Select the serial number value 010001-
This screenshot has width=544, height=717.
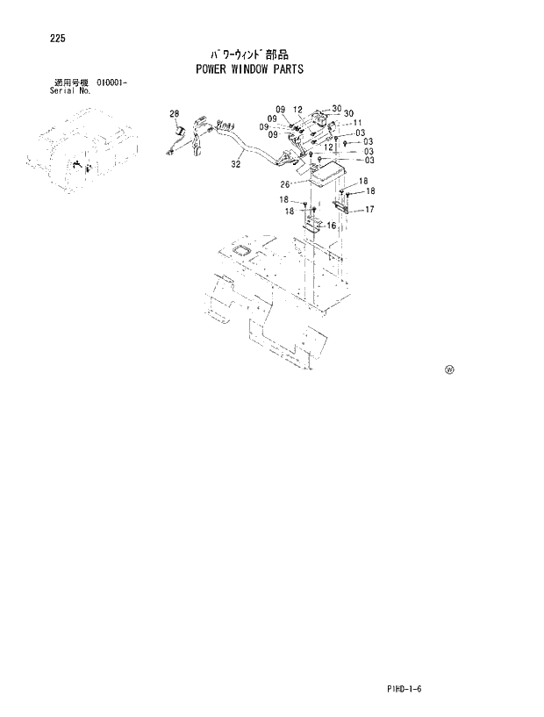112,82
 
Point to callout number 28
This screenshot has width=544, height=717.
174,114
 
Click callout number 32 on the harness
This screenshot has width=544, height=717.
236,163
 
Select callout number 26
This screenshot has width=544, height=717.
285,184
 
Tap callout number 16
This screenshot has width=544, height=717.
331,226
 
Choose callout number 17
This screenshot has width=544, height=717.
369,209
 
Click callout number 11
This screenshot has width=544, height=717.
358,124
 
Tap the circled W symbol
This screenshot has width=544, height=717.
449,370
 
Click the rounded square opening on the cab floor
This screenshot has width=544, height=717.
239,253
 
